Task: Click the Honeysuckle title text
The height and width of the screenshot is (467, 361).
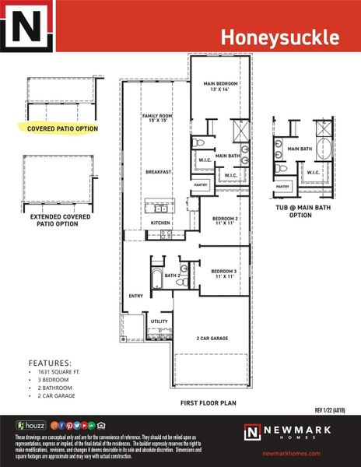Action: coord(279,37)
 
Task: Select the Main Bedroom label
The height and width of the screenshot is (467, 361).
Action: coord(220,86)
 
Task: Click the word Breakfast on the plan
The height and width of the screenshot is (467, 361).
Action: coord(158,171)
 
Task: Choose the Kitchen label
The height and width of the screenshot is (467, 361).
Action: coord(160,223)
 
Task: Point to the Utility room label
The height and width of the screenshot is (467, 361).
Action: coord(159,321)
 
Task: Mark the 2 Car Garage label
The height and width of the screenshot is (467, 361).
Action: coord(212,339)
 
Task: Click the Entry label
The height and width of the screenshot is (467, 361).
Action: coord(135,296)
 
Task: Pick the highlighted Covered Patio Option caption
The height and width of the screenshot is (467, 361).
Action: coord(62,128)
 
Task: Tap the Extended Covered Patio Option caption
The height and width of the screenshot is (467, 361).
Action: coord(54,220)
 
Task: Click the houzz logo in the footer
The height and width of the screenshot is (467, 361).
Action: coord(30,425)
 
